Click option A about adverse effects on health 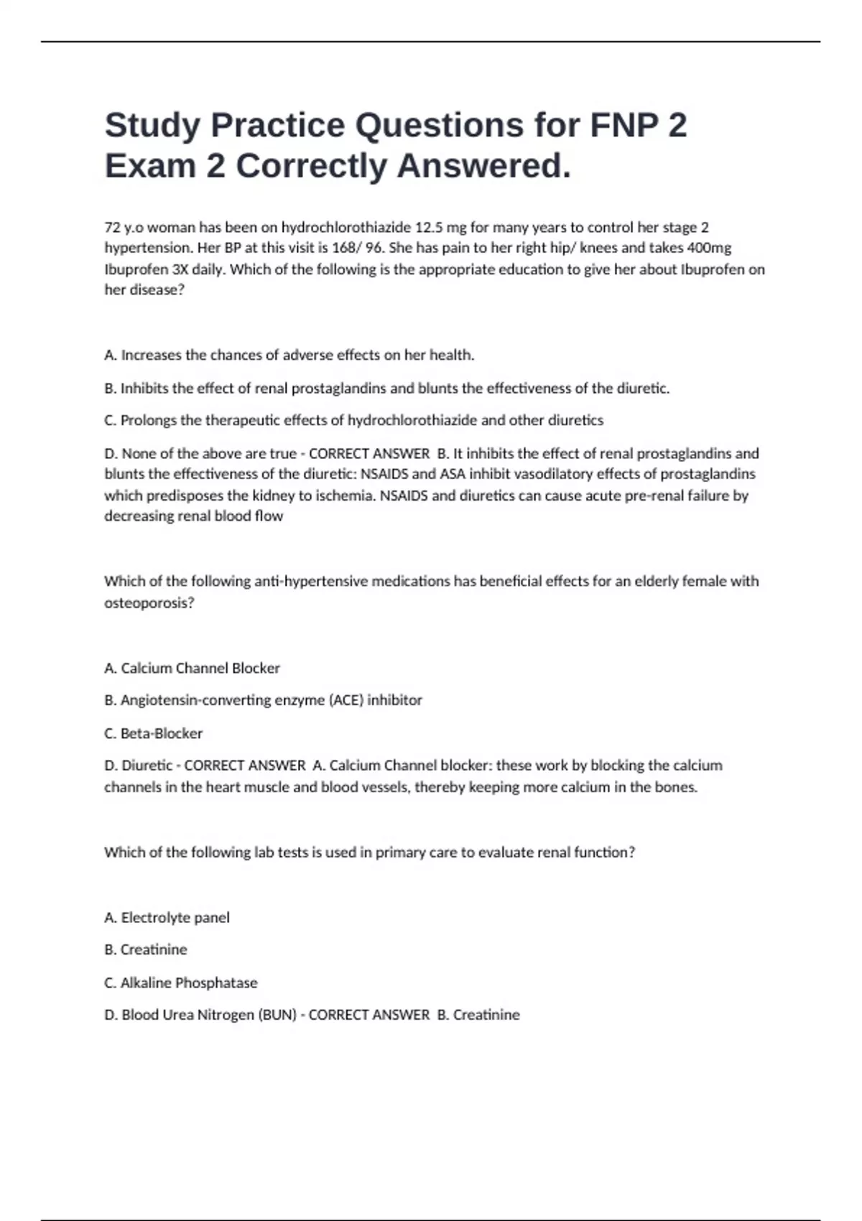[289, 355]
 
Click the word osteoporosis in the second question [147, 603]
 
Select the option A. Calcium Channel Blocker [192, 668]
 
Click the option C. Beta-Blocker [153, 733]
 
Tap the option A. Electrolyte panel [167, 917]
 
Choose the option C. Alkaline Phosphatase [180, 983]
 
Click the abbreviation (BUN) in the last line [277, 1015]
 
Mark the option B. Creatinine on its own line [145, 950]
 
